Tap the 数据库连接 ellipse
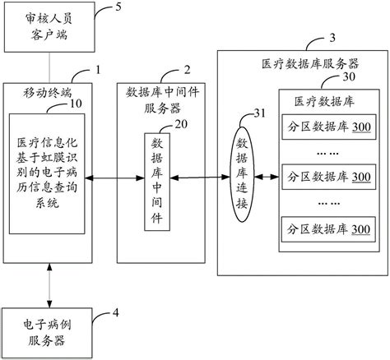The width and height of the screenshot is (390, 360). coord(240,176)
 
